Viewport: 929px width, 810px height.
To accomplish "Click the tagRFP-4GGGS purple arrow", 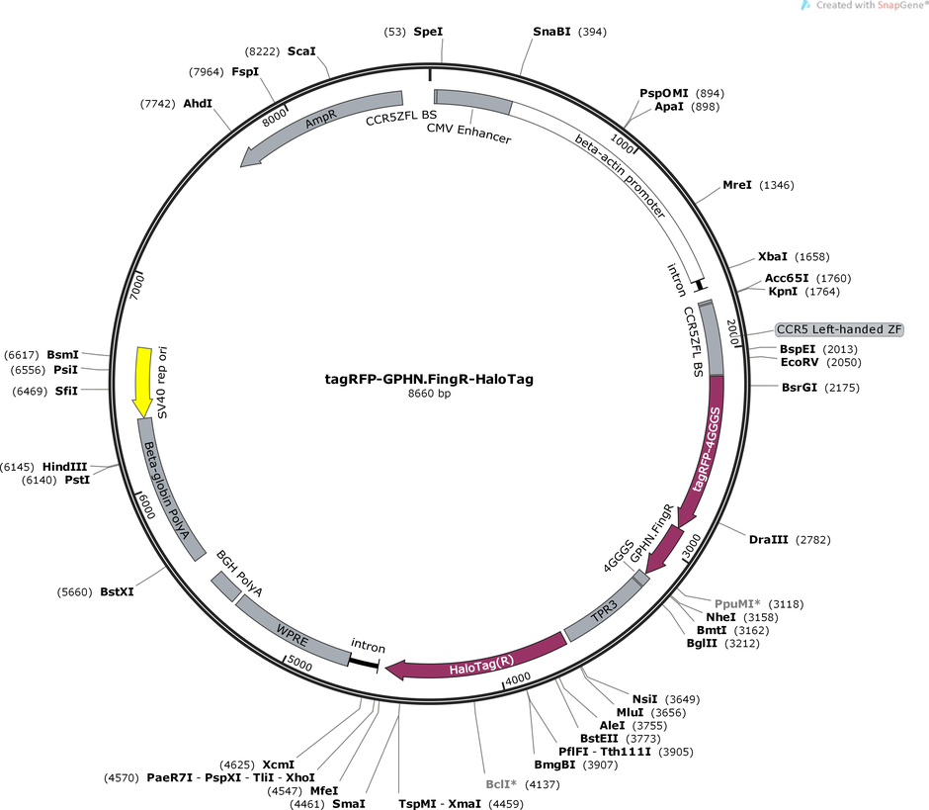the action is (x=707, y=451).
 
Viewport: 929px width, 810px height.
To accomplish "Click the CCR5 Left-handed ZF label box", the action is (x=839, y=329).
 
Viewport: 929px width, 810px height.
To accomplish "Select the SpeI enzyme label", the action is (x=428, y=32).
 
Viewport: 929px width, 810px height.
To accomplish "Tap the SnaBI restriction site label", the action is (x=551, y=32).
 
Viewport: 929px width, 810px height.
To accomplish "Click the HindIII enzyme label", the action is (x=64, y=467).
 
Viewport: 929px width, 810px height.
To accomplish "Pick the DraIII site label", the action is (x=769, y=540).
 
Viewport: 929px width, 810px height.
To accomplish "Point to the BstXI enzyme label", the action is (x=117, y=591).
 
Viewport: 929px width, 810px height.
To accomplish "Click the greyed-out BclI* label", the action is (x=501, y=784).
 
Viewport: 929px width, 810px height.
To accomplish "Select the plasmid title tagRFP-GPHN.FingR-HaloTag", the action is (x=429, y=379).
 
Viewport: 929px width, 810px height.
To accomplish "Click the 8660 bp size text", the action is (x=429, y=394).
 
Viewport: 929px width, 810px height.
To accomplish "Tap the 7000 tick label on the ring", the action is (x=136, y=287).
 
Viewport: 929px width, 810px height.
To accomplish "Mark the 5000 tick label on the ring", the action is (x=299, y=665).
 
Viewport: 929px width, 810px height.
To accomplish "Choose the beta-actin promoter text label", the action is (x=621, y=175).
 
